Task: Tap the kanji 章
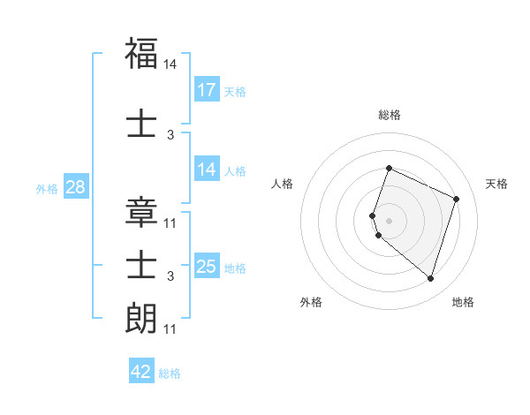141,213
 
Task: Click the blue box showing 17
207,90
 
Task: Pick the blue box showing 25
207,267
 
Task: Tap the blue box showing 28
75,187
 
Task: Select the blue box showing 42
141,372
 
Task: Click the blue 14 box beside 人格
207,170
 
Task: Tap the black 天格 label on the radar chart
496,184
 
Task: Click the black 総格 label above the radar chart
390,115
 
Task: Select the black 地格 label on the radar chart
463,303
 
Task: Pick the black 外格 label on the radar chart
311,303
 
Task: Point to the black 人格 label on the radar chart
282,184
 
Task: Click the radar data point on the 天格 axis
457,199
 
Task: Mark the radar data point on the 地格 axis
430,279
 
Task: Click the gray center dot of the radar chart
389,221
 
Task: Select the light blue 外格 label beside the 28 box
47,188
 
